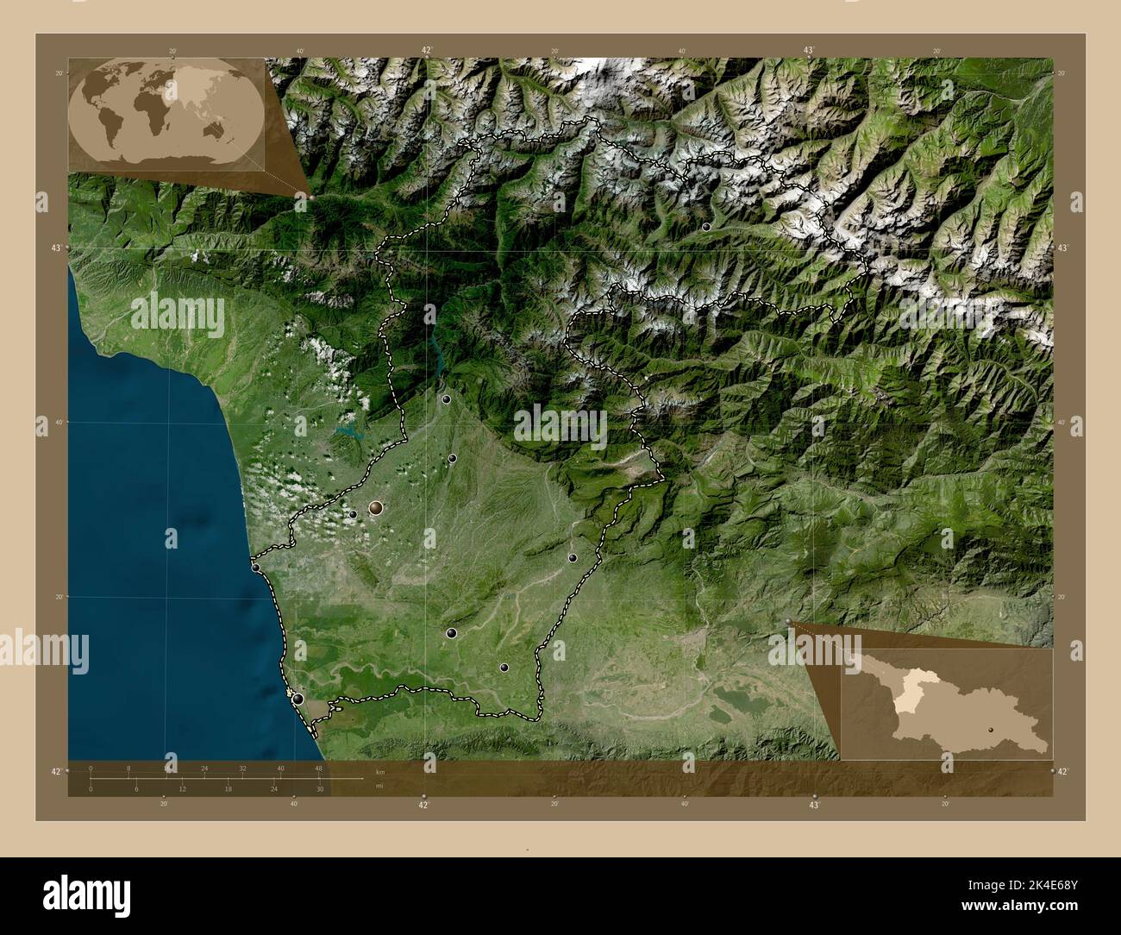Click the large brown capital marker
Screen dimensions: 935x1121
pos(376,508)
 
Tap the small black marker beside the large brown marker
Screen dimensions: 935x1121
pos(353,515)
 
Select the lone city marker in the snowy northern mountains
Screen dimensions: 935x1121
pos(706,227)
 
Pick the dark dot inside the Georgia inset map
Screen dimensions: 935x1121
pos(991,729)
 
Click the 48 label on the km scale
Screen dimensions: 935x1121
pos(318,768)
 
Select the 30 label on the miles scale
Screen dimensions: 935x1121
pos(319,789)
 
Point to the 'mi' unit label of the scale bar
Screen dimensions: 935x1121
pos(379,786)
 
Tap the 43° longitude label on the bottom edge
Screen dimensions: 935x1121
pos(813,805)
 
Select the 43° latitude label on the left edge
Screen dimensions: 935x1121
pos(56,248)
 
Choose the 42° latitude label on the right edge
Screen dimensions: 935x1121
pos(1062,771)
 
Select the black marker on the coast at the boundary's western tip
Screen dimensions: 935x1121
pos(255,568)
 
